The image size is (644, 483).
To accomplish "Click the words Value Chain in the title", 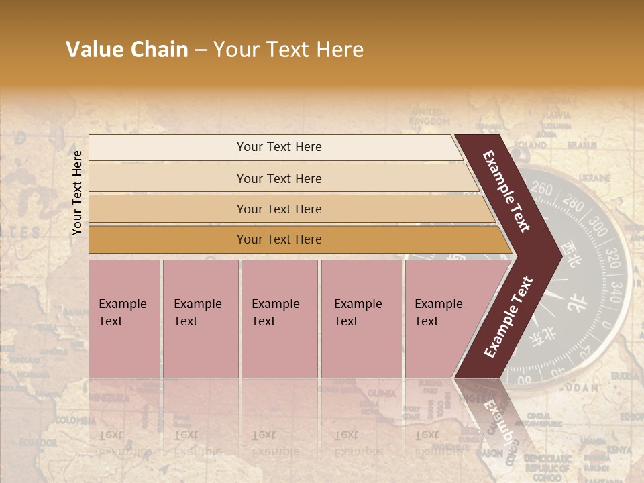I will pyautogui.click(x=127, y=50).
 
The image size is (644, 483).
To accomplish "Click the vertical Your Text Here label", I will pyautogui.click(x=77, y=193).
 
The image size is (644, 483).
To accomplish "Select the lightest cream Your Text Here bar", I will pyautogui.click(x=279, y=147).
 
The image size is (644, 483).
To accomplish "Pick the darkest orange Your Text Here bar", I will pyautogui.click(x=279, y=239).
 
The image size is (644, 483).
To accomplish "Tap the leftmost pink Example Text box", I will pyautogui.click(x=124, y=318).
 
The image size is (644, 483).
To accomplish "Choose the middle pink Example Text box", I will pyautogui.click(x=279, y=318).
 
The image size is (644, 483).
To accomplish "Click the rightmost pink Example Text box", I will pyautogui.click(x=443, y=318).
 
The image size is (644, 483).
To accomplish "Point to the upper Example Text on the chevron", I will pyautogui.click(x=507, y=191).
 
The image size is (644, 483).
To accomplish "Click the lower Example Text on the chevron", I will pyautogui.click(x=508, y=317).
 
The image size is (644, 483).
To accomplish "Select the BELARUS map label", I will pyautogui.click(x=582, y=144).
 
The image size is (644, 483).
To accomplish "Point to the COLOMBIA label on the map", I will pyautogui.click(x=75, y=420).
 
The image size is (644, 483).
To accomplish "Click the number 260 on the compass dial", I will pyautogui.click(x=542, y=190).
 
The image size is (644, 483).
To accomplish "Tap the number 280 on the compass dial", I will pyautogui.click(x=574, y=202).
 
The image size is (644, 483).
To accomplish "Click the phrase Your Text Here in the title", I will pyautogui.click(x=288, y=50).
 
